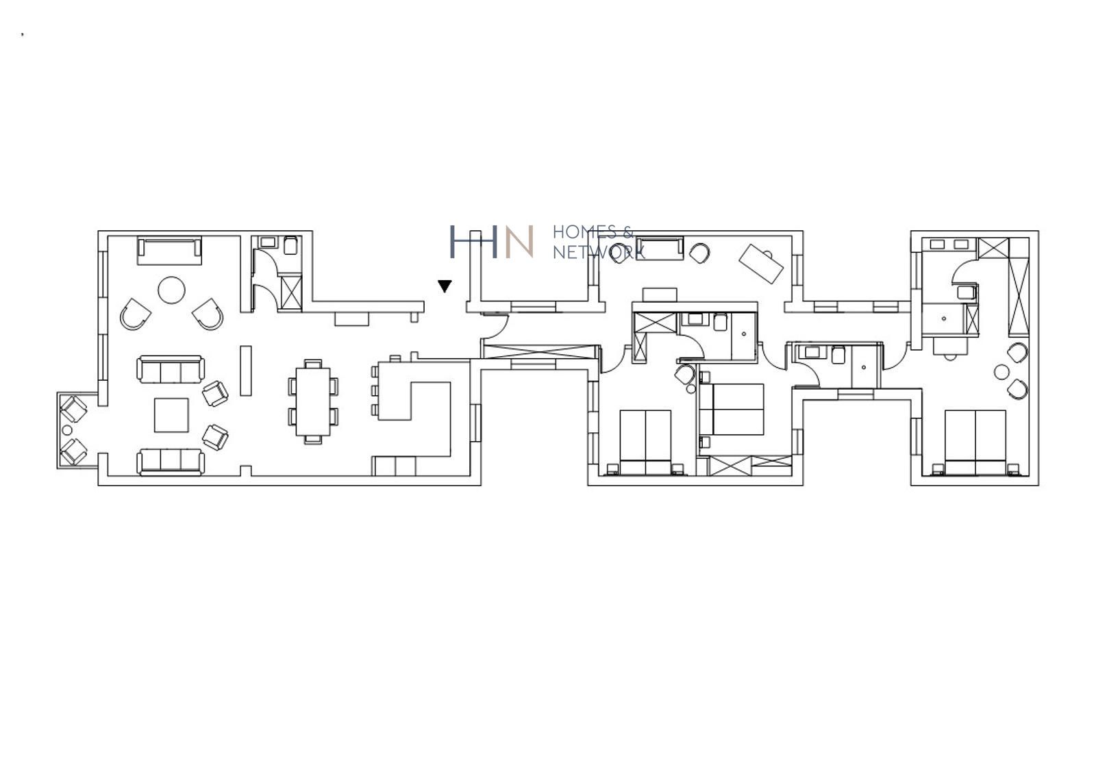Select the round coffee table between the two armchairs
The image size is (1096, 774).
coord(171,290)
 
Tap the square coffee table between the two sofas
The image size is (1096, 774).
coord(171,415)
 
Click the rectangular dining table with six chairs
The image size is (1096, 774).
coord(313,401)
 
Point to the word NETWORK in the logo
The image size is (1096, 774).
coord(599,252)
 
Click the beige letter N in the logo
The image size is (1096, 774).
coord(519,241)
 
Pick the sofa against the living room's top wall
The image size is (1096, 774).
coord(169,251)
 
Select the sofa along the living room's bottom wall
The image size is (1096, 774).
coord(171,462)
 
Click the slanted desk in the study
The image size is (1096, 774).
coord(761,264)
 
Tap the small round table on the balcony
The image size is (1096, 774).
coord(67,430)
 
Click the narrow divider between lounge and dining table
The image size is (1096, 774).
coord(246,371)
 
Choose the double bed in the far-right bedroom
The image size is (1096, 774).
coord(975,442)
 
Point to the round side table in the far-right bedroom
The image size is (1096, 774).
coord(1001,372)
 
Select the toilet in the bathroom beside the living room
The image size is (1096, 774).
coord(290,245)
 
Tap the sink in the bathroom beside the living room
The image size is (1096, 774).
coord(268,242)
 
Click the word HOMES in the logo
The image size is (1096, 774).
coord(585,232)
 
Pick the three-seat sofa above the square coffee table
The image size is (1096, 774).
coord(171,369)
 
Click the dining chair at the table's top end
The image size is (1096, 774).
coord(313,364)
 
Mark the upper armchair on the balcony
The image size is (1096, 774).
coord(73,409)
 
